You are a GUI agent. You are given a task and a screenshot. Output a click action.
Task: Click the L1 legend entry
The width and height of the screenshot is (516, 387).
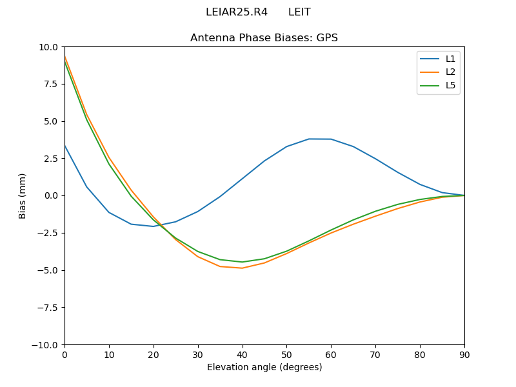pos(450,59)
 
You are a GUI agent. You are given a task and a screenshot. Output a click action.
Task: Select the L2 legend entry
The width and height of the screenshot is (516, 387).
pos(450,72)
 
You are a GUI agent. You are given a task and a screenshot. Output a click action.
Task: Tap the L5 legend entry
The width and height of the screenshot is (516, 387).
pos(450,85)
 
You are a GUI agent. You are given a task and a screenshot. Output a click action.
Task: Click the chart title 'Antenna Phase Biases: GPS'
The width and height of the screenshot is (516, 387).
pos(264,38)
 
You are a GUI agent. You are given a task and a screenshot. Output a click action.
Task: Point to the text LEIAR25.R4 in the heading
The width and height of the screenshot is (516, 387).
pos(236,12)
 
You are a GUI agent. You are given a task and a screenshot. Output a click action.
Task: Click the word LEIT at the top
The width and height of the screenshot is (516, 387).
pos(299,12)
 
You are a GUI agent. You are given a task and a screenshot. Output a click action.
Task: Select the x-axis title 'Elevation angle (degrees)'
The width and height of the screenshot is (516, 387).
pos(264,368)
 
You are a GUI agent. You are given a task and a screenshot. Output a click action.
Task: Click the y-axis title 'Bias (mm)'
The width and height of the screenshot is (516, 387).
pos(23,195)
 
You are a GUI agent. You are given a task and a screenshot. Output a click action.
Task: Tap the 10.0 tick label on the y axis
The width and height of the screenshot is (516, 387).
pos(49,47)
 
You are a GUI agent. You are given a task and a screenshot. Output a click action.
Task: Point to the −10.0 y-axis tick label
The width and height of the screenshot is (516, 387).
pos(46,344)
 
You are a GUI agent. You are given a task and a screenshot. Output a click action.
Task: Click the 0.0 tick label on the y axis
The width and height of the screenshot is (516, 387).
pos(52,195)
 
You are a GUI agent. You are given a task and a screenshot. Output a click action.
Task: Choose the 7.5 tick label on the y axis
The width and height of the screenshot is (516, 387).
pos(52,84)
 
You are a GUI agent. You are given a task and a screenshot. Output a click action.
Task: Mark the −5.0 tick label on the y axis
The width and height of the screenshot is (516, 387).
pos(49,270)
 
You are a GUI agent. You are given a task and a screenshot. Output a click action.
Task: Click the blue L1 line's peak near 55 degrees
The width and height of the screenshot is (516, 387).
pos(309,139)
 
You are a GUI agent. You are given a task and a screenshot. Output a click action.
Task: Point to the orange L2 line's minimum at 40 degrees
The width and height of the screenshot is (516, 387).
pos(242,268)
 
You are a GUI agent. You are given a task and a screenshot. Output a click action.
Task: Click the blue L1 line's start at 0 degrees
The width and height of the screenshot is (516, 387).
pos(65,146)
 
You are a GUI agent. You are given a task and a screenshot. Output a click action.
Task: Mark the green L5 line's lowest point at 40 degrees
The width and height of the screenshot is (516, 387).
pos(242,262)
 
